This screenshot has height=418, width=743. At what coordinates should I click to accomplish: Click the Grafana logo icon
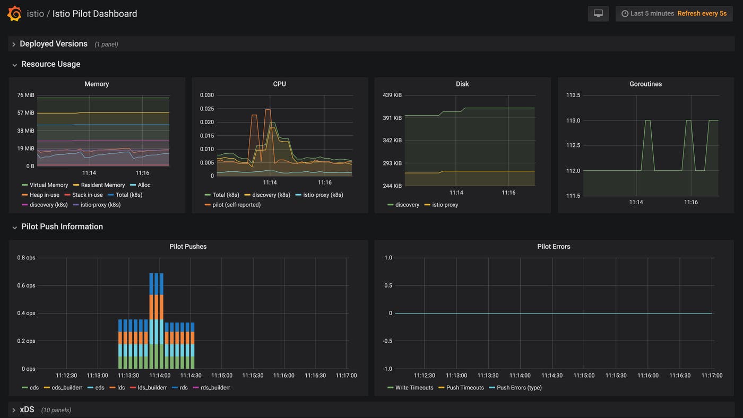click(14, 14)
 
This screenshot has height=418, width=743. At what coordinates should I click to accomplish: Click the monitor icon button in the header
click(598, 14)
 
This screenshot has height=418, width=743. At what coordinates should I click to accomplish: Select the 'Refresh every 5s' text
click(702, 14)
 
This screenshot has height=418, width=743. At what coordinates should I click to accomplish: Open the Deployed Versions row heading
click(53, 44)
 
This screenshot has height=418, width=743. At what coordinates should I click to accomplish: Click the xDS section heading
click(27, 410)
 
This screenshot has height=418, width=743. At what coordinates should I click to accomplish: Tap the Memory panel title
click(97, 84)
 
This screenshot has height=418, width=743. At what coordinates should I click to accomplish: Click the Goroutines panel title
click(645, 84)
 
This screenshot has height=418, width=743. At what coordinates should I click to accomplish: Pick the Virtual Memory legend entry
click(48, 185)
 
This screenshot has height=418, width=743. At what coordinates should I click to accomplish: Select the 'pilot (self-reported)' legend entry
click(236, 205)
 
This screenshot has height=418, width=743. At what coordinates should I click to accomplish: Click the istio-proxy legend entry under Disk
click(444, 205)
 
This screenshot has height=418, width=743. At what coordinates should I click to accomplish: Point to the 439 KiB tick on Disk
click(392, 95)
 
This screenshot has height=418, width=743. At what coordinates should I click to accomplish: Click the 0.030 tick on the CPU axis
click(207, 95)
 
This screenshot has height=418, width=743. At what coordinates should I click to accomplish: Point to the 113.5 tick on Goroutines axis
click(573, 95)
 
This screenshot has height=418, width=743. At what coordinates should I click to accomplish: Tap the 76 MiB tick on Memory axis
click(25, 95)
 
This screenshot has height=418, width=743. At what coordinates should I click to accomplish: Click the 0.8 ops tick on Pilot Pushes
click(26, 258)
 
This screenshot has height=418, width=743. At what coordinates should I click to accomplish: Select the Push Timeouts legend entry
click(464, 388)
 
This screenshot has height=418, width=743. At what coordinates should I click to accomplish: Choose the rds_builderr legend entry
click(214, 388)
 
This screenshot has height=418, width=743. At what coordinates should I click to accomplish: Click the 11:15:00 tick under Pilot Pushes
click(221, 376)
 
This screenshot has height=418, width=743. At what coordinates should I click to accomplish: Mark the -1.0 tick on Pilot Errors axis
click(387, 369)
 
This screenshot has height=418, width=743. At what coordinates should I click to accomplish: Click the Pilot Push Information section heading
click(62, 227)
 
